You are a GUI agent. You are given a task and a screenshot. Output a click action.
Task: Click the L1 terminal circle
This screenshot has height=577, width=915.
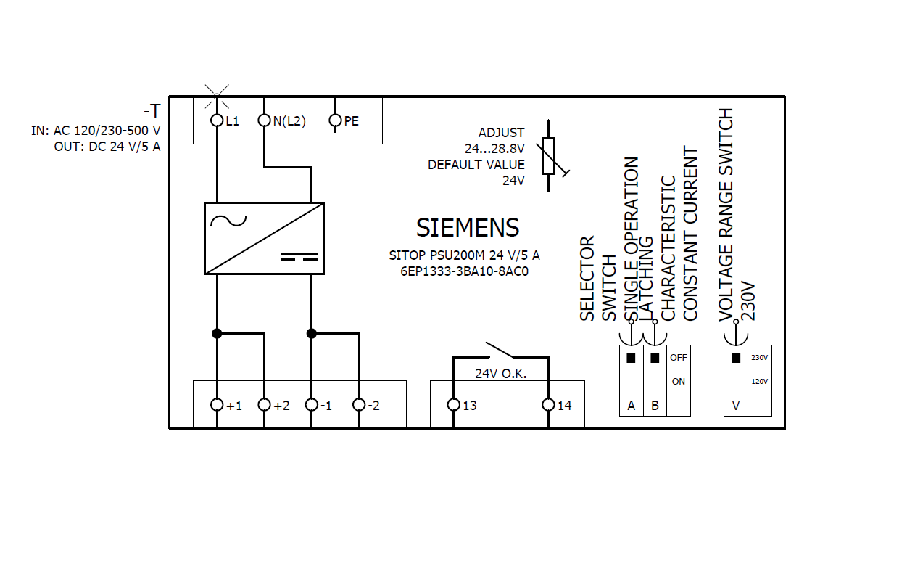pos(217,120)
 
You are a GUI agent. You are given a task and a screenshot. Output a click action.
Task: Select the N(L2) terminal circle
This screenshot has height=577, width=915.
pos(265,120)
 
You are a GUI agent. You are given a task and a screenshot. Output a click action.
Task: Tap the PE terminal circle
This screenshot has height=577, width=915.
pos(335,120)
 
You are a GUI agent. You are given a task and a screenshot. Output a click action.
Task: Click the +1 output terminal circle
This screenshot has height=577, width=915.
pos(217,405)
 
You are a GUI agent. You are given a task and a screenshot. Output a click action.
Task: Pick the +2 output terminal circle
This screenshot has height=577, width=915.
pos(265,405)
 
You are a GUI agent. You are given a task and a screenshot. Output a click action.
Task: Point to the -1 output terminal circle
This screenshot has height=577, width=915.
pos(311,405)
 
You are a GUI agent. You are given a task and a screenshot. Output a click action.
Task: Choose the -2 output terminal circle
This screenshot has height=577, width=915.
pos(359,405)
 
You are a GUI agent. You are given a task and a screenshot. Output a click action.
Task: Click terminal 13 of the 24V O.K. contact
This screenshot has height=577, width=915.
pos(453,405)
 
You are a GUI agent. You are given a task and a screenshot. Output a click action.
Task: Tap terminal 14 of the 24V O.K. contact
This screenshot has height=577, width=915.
pos(548,405)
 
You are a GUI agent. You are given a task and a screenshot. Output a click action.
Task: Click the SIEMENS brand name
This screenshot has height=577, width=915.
pos(468,227)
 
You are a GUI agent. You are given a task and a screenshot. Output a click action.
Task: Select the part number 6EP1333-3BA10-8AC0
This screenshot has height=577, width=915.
pos(465,271)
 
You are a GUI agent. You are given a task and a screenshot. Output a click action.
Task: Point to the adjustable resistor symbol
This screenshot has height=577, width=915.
pos(549,156)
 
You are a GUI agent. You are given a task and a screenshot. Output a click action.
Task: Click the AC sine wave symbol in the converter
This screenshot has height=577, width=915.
pos(228,221)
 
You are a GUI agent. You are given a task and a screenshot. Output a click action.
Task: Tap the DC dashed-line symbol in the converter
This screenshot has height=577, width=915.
pos(299,256)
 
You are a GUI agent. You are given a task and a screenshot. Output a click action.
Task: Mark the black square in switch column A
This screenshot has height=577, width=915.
pos(631,358)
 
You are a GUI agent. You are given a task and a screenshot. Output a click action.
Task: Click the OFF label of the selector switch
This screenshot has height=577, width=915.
pos(679,358)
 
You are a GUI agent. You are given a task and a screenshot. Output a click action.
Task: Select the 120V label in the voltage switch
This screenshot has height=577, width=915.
pos(759,382)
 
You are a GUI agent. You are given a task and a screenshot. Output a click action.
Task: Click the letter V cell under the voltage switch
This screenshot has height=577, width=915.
pos(736,405)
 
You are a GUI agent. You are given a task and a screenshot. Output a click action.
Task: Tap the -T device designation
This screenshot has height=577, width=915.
pos(152,111)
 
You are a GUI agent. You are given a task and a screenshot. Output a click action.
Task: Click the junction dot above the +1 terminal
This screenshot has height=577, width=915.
pos(217,334)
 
